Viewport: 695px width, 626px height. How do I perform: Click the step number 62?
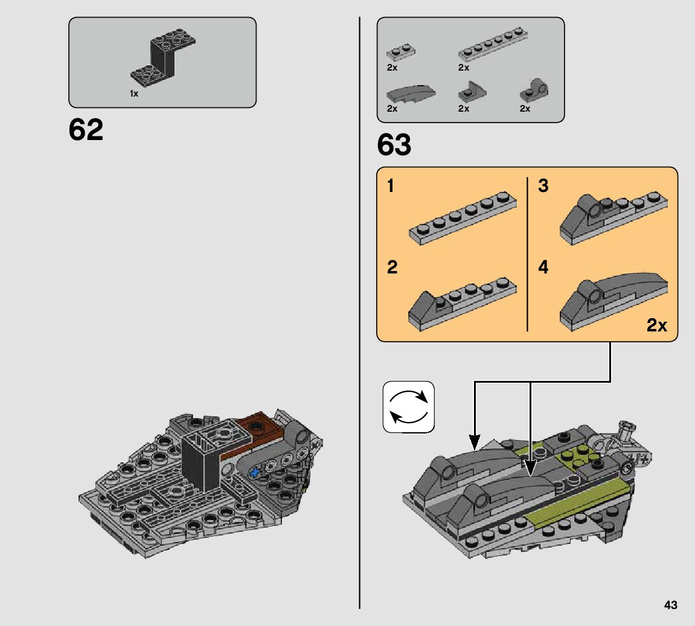[x=86, y=130]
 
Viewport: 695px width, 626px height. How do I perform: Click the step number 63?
[x=394, y=145]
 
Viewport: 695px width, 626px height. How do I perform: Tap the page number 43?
[x=670, y=605]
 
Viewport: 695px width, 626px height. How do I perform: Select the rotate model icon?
[x=409, y=407]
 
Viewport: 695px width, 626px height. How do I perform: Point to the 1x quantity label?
[x=133, y=94]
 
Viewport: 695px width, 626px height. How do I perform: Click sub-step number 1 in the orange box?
[x=391, y=187]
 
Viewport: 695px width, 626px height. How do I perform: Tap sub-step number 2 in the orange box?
[x=392, y=267]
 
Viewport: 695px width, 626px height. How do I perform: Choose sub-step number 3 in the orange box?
[x=543, y=187]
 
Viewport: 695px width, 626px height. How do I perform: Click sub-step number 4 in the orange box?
[x=543, y=267]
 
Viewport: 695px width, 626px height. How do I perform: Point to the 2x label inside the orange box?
[x=656, y=325]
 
